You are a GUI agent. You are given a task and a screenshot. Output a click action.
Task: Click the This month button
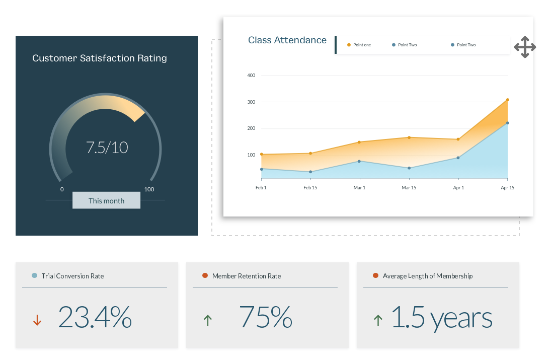coord(106,200)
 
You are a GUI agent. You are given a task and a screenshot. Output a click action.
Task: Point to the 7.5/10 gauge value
coord(107,148)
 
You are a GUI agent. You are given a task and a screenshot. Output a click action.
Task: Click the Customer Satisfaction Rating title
coord(100,58)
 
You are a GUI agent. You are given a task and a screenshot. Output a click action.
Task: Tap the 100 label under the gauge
coord(149,189)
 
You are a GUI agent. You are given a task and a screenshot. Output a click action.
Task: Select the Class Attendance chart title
coord(287,40)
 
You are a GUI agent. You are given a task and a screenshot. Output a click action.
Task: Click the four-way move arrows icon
coord(525,47)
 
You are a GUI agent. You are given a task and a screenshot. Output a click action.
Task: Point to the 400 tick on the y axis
coord(251,76)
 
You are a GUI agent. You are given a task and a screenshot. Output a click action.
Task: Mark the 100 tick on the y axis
coord(251,155)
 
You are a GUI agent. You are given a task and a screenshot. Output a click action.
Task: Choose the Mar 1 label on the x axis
coord(359,188)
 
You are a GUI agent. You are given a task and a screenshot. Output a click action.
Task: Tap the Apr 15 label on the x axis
coord(507,188)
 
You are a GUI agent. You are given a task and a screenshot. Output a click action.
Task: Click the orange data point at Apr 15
coord(507,100)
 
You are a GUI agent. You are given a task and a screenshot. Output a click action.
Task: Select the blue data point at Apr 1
coord(458,158)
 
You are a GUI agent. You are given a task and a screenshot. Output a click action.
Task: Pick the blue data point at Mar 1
coord(359,161)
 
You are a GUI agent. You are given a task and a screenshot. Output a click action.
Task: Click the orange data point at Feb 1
coord(261,154)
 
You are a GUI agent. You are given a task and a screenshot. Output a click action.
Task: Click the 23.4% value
coord(95,317)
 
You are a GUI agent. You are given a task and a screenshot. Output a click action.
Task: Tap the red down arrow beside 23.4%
coord(37,320)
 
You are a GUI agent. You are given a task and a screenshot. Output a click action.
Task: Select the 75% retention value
coord(265,317)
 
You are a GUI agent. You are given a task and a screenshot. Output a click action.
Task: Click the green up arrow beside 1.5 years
coord(378,320)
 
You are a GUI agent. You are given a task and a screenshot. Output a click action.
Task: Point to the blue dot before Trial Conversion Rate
coord(34,275)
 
